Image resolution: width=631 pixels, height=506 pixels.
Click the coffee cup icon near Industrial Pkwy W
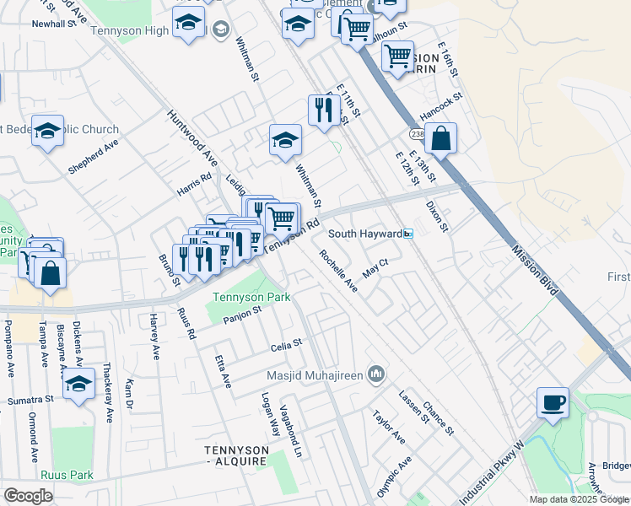pyautogui.click(x=553, y=402)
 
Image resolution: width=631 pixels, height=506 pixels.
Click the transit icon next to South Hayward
pyautogui.click(x=407, y=234)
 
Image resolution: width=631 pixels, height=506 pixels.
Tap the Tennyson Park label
pyautogui.click(x=251, y=297)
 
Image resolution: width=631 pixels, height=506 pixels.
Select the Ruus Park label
pyautogui.click(x=72, y=475)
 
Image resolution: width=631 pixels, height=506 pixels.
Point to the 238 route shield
pyautogui.click(x=417, y=134)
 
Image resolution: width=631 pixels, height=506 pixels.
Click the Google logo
pyautogui.click(x=28, y=495)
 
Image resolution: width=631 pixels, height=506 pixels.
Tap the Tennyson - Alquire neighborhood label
pyautogui.click(x=236, y=456)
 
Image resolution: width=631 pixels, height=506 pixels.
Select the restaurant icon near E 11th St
pyautogui.click(x=324, y=110)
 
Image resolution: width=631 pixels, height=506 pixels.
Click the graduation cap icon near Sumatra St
pyautogui.click(x=79, y=383)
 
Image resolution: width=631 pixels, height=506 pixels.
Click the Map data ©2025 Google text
pyautogui.click(x=577, y=499)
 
